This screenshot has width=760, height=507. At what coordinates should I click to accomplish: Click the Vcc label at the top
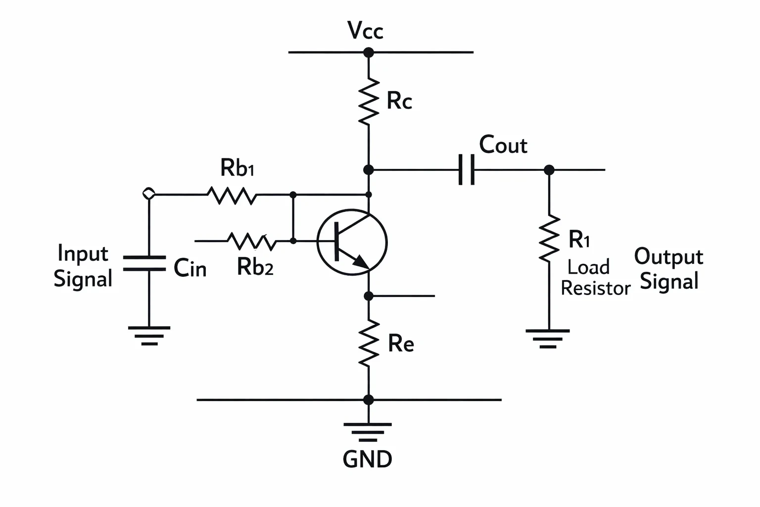tap(366, 31)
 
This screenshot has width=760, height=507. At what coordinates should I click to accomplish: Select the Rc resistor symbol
tap(369, 101)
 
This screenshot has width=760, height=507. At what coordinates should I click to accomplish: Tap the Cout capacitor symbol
tap(467, 169)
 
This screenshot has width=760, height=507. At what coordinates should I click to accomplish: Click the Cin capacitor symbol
tap(144, 263)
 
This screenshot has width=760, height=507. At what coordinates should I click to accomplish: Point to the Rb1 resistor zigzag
tap(232, 195)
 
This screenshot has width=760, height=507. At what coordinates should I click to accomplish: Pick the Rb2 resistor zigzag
tap(252, 242)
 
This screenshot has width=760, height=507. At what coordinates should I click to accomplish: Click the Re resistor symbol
tap(369, 343)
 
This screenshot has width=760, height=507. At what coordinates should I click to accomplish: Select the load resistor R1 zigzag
tap(549, 238)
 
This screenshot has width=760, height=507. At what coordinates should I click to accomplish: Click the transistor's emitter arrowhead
tap(361, 262)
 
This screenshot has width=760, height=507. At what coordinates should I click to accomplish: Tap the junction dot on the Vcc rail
tap(369, 52)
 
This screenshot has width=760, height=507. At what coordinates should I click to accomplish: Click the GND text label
tap(368, 459)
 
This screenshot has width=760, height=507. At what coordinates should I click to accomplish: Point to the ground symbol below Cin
tap(149, 336)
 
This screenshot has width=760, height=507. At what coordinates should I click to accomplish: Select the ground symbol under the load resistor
tap(548, 339)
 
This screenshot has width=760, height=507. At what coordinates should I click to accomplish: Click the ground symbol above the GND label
tap(368, 432)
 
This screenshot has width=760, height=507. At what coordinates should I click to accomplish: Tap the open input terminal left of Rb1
tap(149, 194)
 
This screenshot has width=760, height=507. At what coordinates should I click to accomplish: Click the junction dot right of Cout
tap(549, 170)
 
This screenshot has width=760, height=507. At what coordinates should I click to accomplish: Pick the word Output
tap(668, 257)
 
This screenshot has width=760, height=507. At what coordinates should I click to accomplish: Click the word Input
tap(83, 253)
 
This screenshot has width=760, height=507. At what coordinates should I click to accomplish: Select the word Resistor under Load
tap(595, 288)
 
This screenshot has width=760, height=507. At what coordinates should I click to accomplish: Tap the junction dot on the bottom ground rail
tap(369, 400)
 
